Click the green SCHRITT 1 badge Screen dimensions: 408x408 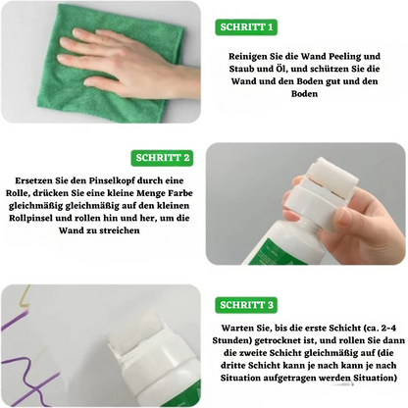coord(246,26)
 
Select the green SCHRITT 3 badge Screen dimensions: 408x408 coord(247,305)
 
